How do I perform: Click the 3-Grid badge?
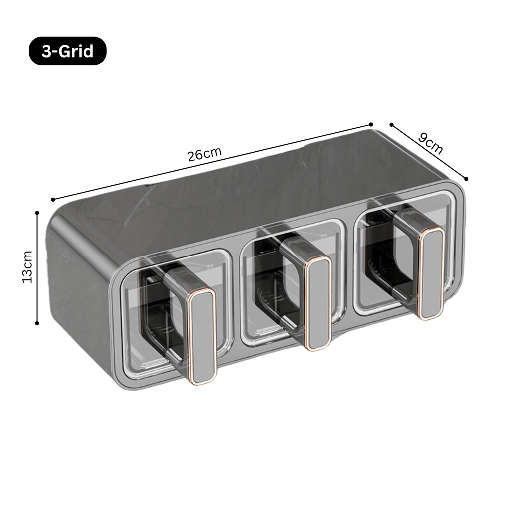67,51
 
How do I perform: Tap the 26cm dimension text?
204,154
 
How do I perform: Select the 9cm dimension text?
430,143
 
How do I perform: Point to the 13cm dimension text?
27,266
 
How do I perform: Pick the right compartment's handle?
430,273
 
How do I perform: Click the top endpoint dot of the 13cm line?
37,212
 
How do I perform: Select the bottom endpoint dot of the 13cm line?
37,323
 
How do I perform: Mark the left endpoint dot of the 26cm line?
53,200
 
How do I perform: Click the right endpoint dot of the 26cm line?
371,124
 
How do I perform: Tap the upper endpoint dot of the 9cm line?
392,124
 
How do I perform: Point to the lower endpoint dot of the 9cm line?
466,178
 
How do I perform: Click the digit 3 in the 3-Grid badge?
46,51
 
